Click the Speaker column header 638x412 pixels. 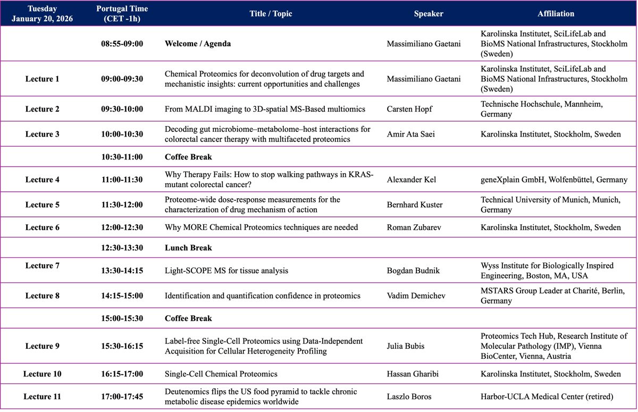(x=429, y=14)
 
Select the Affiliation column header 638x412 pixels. (x=556, y=14)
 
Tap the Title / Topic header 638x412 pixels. (x=271, y=14)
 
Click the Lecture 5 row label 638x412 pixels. (x=42, y=205)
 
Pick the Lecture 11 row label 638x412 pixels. (x=42, y=397)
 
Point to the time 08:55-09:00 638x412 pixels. (x=122, y=44)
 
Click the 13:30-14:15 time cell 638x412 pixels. (x=122, y=271)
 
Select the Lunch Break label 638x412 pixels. (x=188, y=248)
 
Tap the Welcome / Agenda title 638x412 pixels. (x=198, y=44)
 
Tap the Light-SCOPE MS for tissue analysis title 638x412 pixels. (x=226, y=271)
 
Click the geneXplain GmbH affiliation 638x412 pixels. (x=553, y=180)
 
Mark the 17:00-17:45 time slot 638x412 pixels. (x=122, y=397)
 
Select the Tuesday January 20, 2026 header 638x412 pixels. (x=42, y=14)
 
